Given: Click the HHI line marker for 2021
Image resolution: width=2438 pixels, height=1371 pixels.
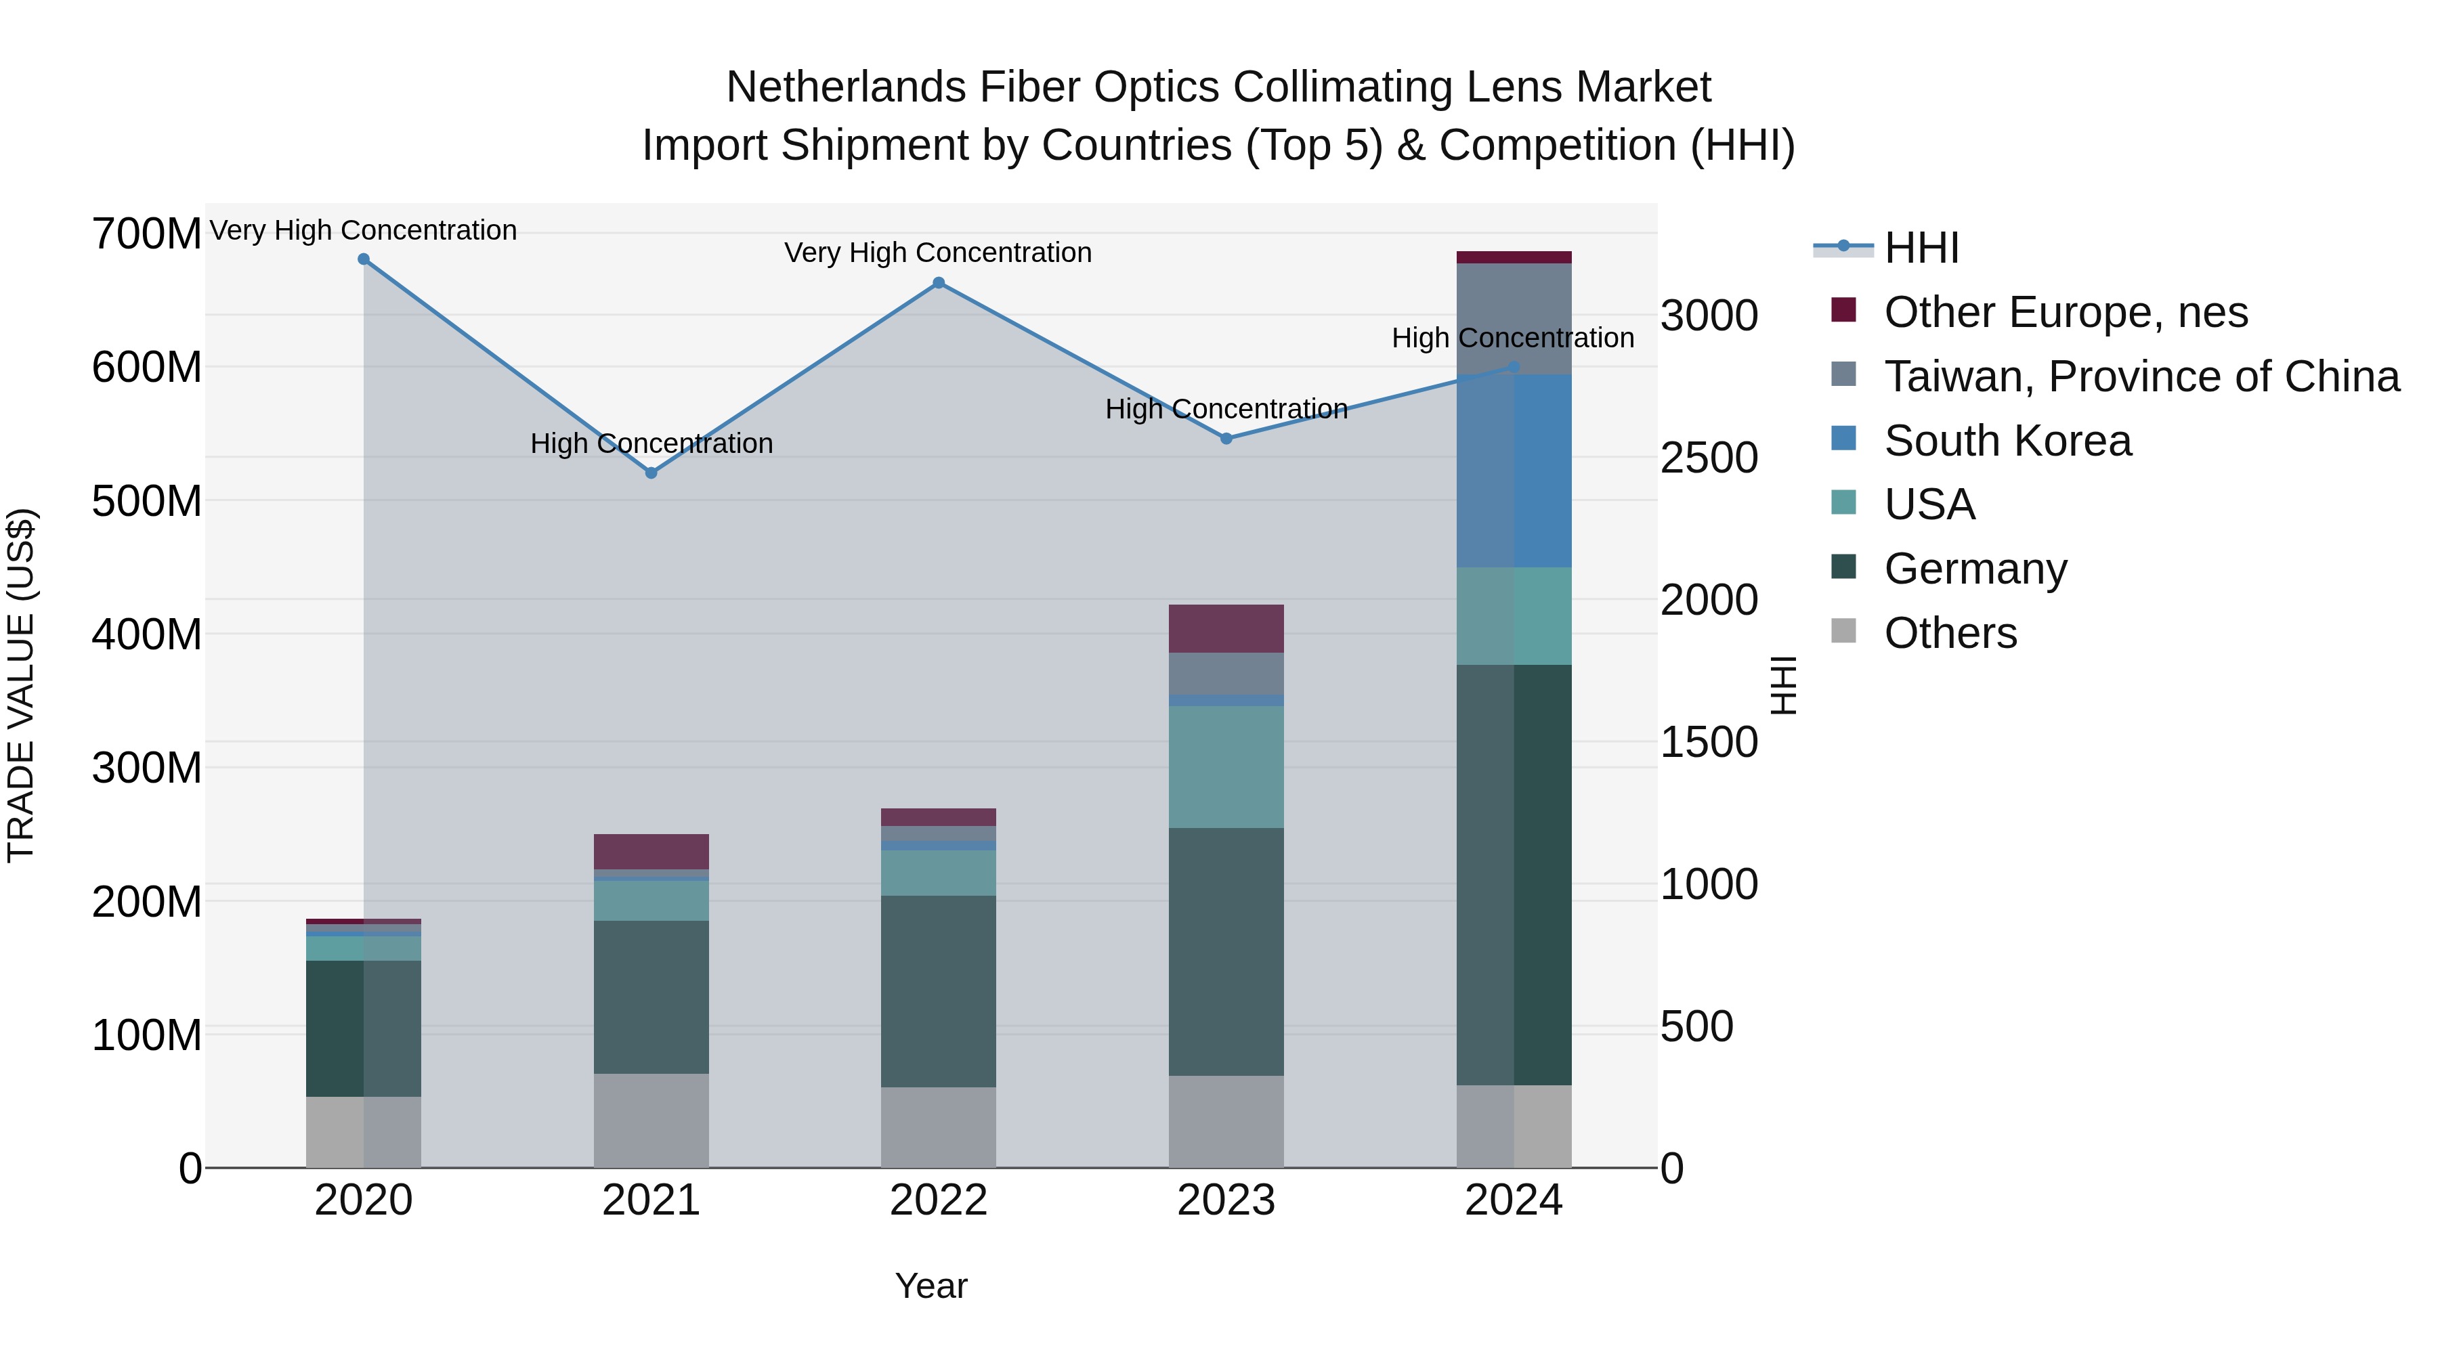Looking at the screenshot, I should (x=651, y=472).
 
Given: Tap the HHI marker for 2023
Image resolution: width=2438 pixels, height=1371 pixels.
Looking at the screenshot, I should (x=1226, y=438).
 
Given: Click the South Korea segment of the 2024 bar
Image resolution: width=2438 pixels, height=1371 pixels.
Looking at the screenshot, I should (x=1514, y=471).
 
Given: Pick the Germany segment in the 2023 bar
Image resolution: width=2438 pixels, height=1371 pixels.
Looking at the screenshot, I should (x=1226, y=951).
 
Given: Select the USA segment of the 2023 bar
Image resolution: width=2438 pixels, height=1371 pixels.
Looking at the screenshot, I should (x=1226, y=766).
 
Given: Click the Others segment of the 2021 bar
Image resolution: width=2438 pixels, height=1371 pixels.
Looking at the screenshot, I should (x=651, y=1120).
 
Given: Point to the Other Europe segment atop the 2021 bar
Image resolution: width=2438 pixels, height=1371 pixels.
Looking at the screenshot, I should (x=651, y=852).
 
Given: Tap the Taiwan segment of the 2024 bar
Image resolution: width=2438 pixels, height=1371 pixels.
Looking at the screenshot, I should (x=1514, y=319).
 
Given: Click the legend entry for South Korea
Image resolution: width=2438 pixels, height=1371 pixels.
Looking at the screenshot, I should (x=2007, y=441).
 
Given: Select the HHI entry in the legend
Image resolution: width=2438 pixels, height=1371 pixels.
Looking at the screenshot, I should (x=1921, y=248).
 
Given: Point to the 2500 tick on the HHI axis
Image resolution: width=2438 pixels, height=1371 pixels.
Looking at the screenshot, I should (x=1709, y=458).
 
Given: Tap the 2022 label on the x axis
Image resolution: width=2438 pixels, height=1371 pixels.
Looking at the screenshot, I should (x=938, y=1200).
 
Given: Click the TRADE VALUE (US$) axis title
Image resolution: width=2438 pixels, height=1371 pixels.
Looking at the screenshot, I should (x=21, y=685).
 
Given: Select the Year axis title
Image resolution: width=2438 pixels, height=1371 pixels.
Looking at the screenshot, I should (x=931, y=1286).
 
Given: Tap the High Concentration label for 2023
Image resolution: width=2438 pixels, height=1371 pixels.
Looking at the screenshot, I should (x=1226, y=409).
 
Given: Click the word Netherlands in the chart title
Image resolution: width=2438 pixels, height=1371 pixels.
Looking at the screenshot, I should (x=846, y=87).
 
